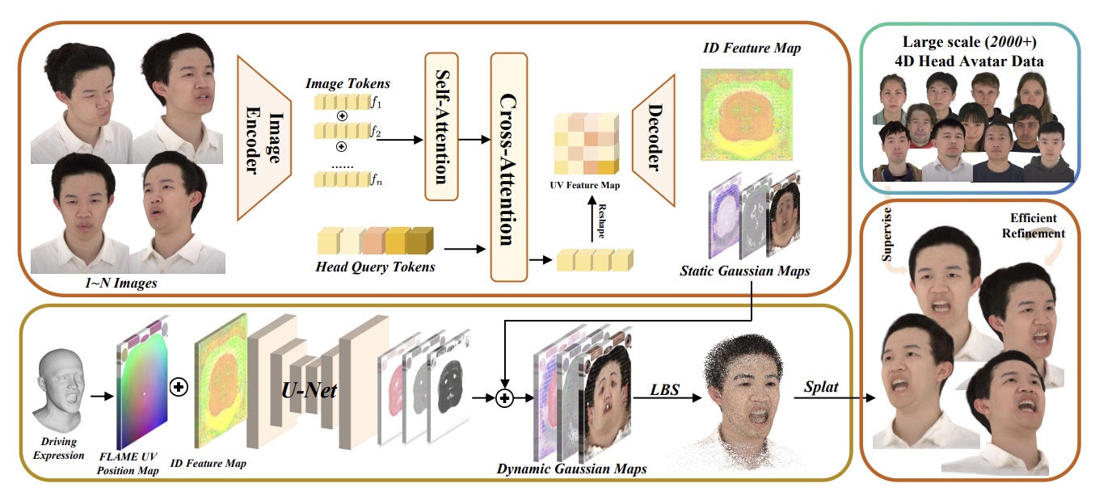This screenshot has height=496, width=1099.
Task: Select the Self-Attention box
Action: pos(441,127)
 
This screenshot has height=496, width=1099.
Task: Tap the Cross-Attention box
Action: pos(508,166)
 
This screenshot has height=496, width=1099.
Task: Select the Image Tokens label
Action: pos(347,83)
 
